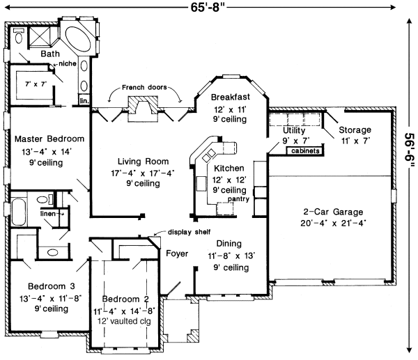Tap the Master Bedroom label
[49, 139]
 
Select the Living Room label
[143, 162]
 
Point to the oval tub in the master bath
[79, 38]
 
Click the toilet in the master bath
[18, 36]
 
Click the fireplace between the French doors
[143, 109]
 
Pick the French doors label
[144, 88]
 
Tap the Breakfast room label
[231, 97]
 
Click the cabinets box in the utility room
[305, 151]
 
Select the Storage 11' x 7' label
[355, 135]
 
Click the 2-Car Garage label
[333, 212]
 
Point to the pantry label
[238, 199]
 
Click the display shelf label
[189, 232]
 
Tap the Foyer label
[177, 253]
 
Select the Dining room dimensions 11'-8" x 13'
[231, 256]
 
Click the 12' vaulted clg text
[124, 321]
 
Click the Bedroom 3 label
[51, 286]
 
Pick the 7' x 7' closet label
[36, 84]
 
